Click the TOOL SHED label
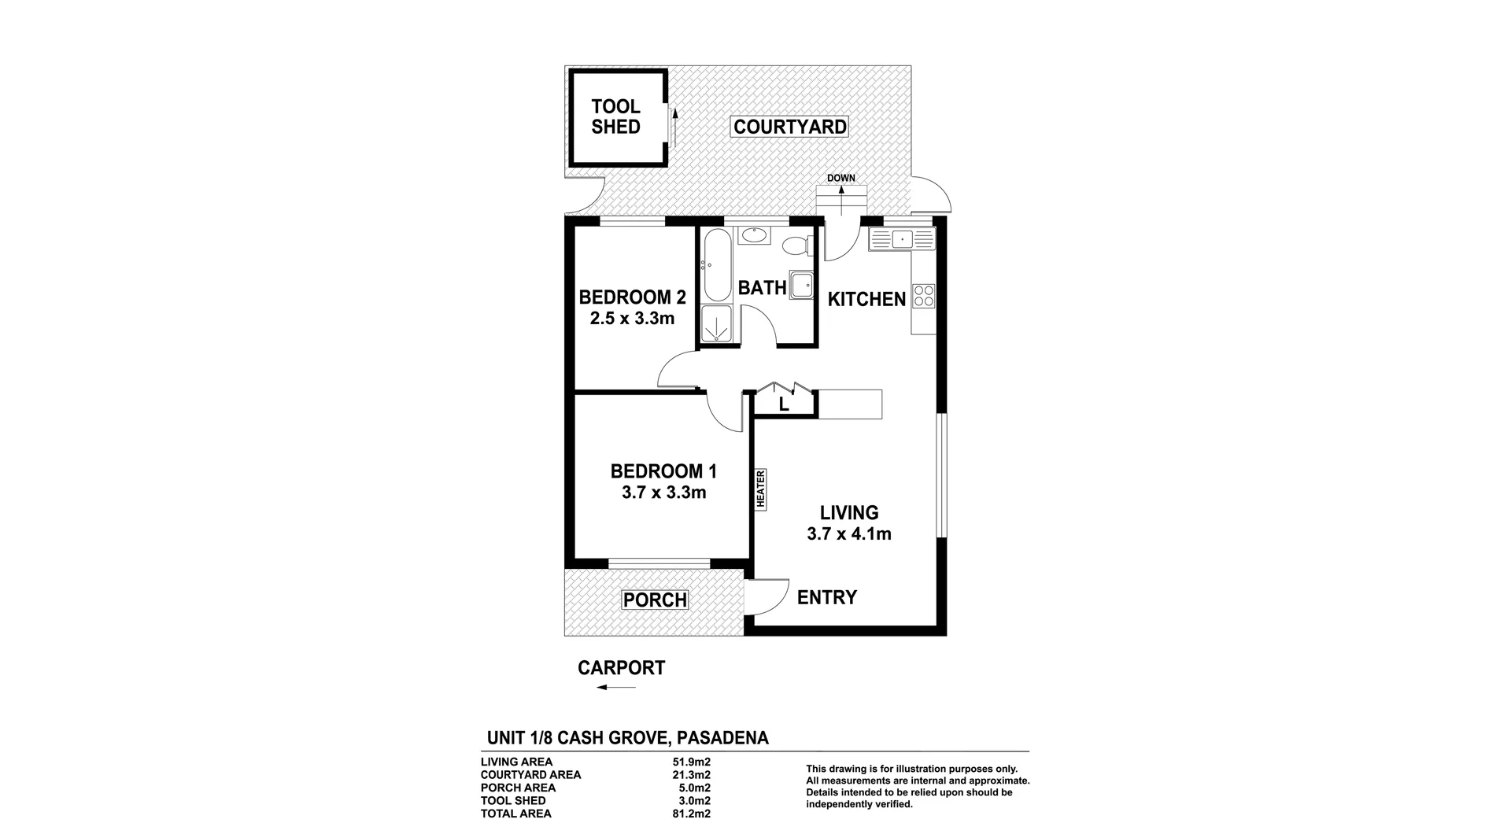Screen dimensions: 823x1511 tap(615, 116)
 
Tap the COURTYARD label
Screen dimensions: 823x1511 tap(789, 127)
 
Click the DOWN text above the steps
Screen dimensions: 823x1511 tap(840, 178)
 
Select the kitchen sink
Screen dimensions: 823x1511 tap(902, 238)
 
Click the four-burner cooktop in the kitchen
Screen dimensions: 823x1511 tap(924, 296)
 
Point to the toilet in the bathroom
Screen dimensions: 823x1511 tap(796, 246)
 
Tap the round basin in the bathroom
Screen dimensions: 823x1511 tap(755, 234)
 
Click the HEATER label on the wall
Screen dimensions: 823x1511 tap(761, 489)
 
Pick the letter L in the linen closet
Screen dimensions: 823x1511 tap(784, 405)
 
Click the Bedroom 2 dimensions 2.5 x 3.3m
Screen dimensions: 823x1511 tap(632, 319)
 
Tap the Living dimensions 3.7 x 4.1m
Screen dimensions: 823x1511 tap(848, 534)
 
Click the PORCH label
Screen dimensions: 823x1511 tap(655, 600)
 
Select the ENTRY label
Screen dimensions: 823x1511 tap(826, 598)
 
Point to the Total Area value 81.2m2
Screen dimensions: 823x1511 tap(689, 814)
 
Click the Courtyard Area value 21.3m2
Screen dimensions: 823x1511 tap(689, 775)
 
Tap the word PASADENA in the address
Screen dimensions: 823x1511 tap(722, 738)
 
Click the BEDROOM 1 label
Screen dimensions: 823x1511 tap(663, 471)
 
